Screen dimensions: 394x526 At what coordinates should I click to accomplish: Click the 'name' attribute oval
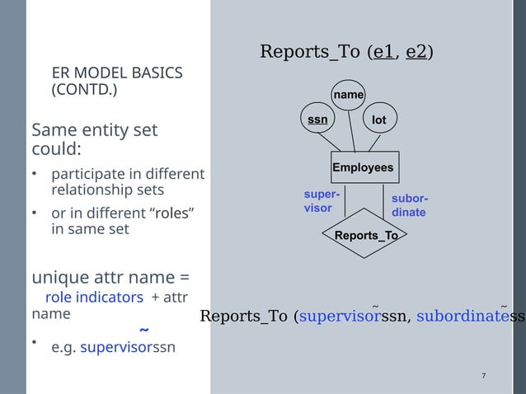click(349, 96)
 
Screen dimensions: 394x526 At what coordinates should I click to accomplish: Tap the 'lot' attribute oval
click(378, 120)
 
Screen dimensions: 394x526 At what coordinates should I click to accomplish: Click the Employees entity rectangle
click(364, 168)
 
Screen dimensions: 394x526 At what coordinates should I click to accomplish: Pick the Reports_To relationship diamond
click(365, 236)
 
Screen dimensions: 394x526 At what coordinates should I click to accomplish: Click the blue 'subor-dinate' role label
click(409, 205)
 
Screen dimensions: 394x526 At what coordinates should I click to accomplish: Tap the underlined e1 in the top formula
click(383, 52)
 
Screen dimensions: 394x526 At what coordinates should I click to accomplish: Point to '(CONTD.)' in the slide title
click(84, 89)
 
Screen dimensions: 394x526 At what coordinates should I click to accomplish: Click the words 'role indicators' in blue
click(94, 297)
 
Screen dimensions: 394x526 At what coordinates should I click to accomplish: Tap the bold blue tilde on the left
click(144, 331)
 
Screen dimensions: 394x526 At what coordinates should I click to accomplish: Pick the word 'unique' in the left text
click(57, 276)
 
